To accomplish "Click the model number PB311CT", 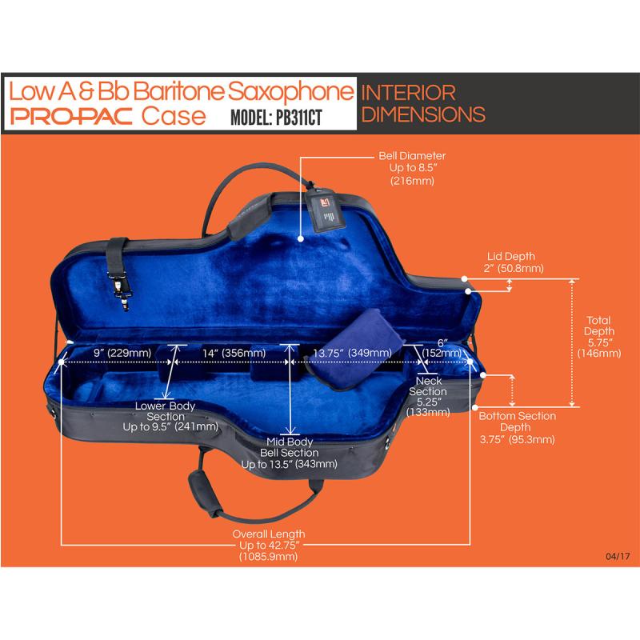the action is tap(298, 118).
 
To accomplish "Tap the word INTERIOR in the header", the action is tap(408, 93).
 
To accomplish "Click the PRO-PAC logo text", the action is tap(71, 116).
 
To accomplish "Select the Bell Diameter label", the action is tap(412, 168).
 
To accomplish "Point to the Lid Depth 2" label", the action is tap(513, 262).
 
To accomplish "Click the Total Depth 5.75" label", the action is tap(598, 337).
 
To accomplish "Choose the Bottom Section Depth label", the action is tap(517, 427).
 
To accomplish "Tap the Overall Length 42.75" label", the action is tap(269, 545).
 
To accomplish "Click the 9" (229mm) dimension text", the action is tap(122, 353).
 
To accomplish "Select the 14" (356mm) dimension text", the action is tap(234, 353).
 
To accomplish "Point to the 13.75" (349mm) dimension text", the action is tap(352, 353).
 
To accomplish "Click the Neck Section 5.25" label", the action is tap(428, 396).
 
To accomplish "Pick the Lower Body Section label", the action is tap(170, 416).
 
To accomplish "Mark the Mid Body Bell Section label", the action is tap(289, 453).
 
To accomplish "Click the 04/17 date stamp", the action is tap(618, 556).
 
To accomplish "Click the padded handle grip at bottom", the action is tap(206, 494).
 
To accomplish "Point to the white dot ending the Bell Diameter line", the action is tap(301, 238).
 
